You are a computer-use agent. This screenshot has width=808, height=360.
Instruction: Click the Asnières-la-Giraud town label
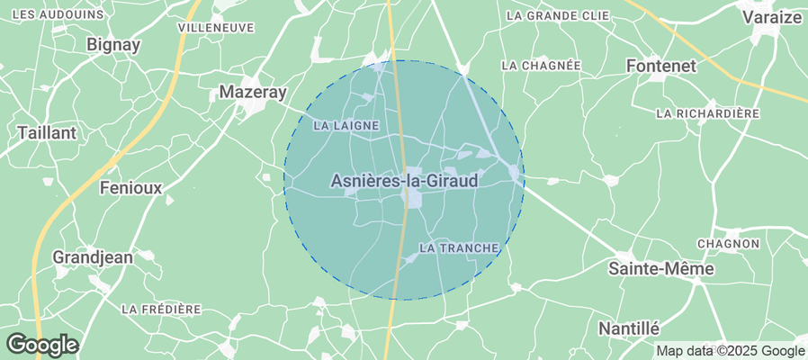pyautogui.click(x=404, y=181)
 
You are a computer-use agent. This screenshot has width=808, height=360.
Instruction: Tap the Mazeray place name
pyautogui.click(x=253, y=92)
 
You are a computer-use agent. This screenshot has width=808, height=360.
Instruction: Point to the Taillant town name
pyautogui.click(x=47, y=132)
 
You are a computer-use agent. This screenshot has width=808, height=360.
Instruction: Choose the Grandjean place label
pyautogui.click(x=93, y=256)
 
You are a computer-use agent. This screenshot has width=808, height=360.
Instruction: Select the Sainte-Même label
pyautogui.click(x=661, y=268)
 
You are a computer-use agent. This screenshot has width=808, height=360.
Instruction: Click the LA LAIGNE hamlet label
pyautogui.click(x=346, y=126)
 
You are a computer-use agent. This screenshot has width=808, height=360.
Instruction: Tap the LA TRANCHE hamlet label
pyautogui.click(x=459, y=247)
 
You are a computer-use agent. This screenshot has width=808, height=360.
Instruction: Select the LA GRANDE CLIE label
pyautogui.click(x=558, y=15)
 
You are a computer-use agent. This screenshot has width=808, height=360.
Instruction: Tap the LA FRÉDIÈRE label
pyautogui.click(x=161, y=309)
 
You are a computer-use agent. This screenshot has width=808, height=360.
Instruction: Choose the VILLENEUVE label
pyautogui.click(x=216, y=28)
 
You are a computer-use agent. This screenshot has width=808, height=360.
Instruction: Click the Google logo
pyautogui.click(x=41, y=344)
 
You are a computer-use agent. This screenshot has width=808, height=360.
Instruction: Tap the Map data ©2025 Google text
pyautogui.click(x=730, y=351)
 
